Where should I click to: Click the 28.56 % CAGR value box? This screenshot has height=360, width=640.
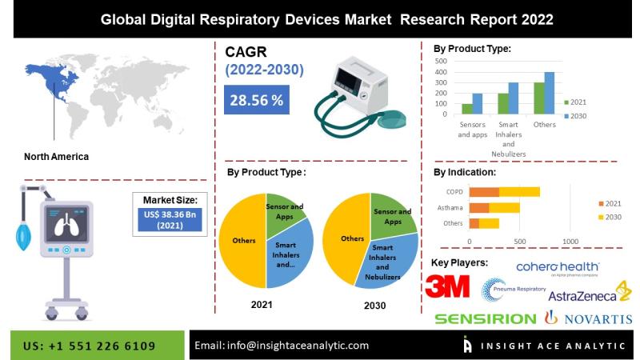click(257, 101)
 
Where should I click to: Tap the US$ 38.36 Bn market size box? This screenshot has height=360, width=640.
click(170, 219)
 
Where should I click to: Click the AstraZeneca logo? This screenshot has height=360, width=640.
click(584, 295)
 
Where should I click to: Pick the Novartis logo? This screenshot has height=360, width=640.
click(588, 319)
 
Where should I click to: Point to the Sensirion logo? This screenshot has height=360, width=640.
click(486, 319)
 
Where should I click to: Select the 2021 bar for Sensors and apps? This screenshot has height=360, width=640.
click(466, 109)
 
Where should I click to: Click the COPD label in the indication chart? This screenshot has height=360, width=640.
click(454, 192)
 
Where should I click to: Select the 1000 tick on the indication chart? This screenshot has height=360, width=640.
click(570, 241)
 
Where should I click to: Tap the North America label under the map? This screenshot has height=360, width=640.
click(56, 157)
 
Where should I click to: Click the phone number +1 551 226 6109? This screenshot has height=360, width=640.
click(90, 346)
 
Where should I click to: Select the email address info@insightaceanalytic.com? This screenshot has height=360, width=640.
click(282, 346)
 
